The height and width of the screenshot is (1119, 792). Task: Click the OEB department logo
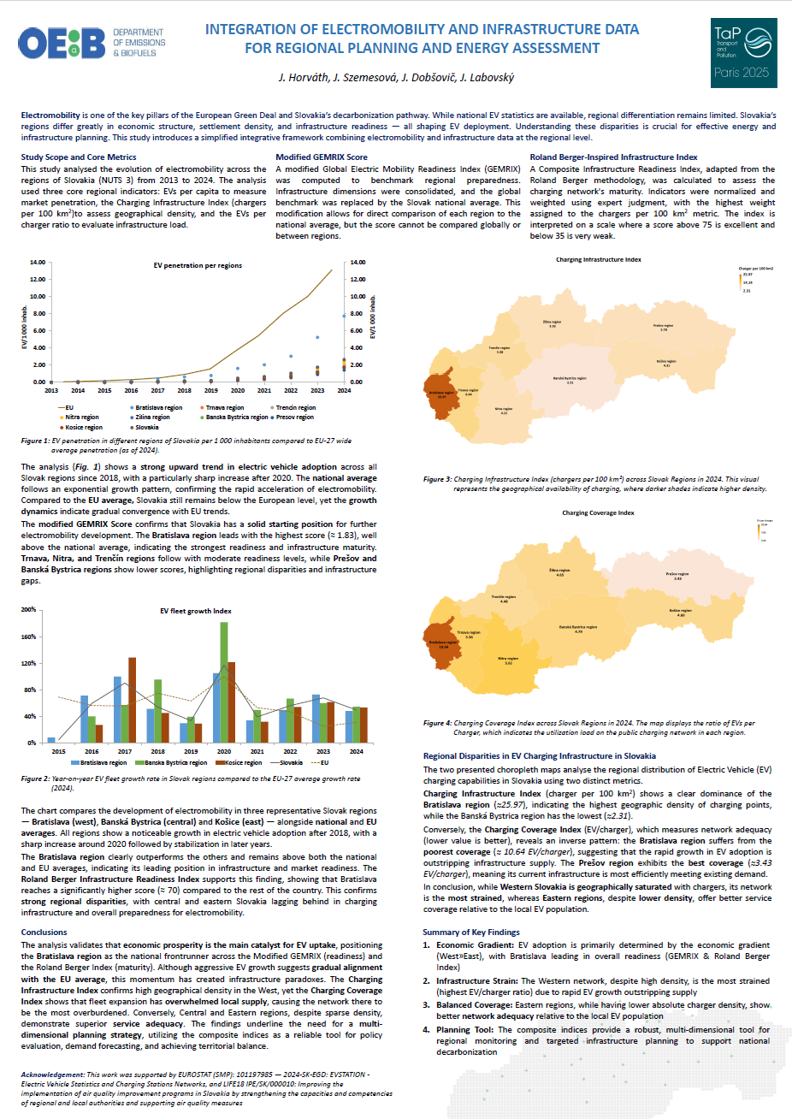point(91,42)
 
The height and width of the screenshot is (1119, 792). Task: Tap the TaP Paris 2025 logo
point(743,53)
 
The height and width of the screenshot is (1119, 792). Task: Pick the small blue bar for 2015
point(51,740)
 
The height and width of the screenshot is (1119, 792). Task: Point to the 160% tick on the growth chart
point(29,636)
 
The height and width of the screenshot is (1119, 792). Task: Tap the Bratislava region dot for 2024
point(344,316)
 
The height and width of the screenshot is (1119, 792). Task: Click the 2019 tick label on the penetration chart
point(210,391)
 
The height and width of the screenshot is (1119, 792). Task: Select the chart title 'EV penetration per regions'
point(198,266)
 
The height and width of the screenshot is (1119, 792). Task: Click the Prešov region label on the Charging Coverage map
point(677,576)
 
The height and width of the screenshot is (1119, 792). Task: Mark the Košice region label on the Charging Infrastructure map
point(666,363)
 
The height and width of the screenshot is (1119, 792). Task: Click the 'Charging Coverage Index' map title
point(598,513)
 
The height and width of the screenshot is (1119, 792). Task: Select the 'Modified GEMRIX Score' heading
point(322,157)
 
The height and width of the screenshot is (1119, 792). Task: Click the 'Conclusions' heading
point(44,932)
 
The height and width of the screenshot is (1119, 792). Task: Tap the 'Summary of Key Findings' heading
point(471,932)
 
